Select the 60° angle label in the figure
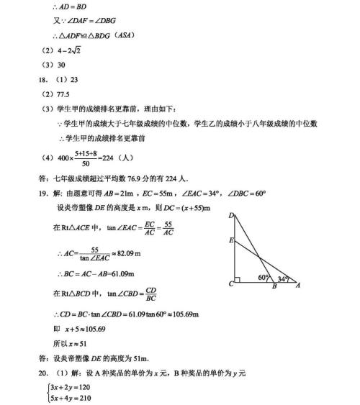point(263,277)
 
